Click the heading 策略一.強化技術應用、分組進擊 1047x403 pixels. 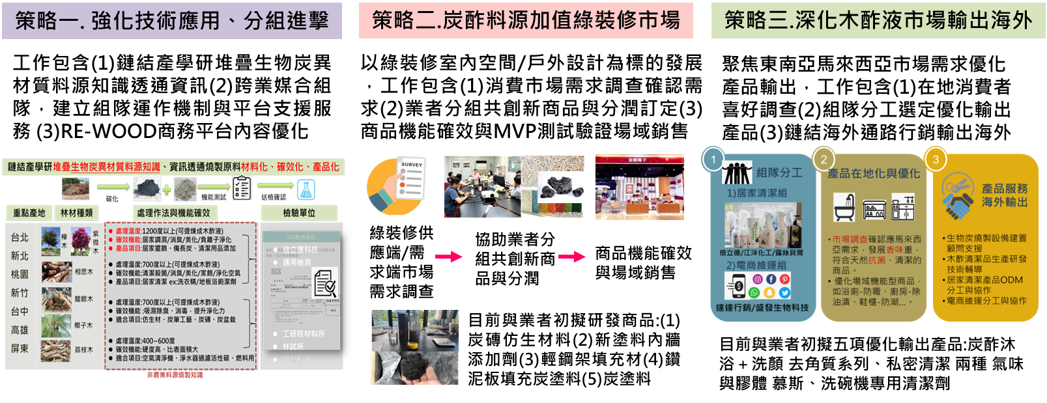[172, 21]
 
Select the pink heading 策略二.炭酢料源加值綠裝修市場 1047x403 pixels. [526, 21]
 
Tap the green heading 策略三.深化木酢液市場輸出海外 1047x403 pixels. [878, 21]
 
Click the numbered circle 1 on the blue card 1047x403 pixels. [713, 160]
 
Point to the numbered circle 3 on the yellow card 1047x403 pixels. [936, 160]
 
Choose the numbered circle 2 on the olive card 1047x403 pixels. [824, 160]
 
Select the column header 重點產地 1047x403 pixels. [29, 213]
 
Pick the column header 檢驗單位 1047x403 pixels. [299, 213]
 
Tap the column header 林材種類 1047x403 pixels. [76, 213]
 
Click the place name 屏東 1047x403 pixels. [20, 349]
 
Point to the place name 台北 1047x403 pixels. [20, 238]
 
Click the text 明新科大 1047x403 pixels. [296, 359]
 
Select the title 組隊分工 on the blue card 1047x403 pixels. [779, 173]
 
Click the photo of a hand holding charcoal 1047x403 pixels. [415, 347]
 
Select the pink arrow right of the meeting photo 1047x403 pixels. [572, 257]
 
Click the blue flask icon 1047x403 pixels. [306, 189]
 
